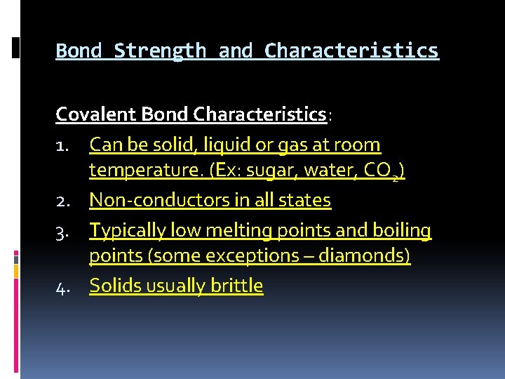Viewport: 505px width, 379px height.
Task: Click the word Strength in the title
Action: pyautogui.click(x=160, y=51)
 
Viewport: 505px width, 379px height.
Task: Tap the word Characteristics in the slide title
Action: pyautogui.click(x=351, y=51)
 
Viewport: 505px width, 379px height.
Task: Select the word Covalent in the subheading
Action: pyautogui.click(x=96, y=114)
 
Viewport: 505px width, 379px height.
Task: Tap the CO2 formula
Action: pyautogui.click(x=384, y=171)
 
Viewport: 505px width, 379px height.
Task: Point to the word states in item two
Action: pyautogui.click(x=305, y=201)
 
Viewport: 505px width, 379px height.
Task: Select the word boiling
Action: pyautogui.click(x=402, y=230)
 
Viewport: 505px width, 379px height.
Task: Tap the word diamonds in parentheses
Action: pyautogui.click(x=364, y=255)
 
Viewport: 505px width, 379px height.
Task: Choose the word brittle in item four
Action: pyautogui.click(x=238, y=286)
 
